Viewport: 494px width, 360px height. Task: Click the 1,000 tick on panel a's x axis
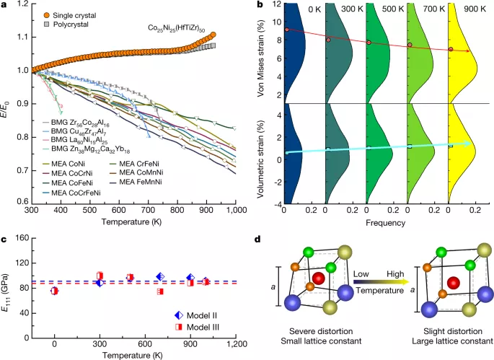(x=234, y=208)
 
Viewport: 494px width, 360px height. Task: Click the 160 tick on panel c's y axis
(x=19, y=238)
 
